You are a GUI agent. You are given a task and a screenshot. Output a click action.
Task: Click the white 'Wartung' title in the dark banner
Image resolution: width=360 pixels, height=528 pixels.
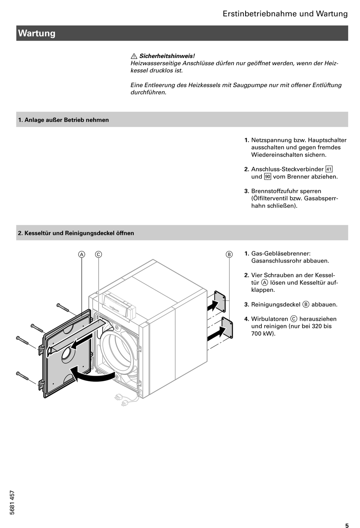(x=36, y=33)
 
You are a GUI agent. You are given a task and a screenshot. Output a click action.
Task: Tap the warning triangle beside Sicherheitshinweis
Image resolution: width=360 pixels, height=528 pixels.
(x=134, y=56)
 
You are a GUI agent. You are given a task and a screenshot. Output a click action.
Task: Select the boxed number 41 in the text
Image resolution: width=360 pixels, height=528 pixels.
(x=329, y=169)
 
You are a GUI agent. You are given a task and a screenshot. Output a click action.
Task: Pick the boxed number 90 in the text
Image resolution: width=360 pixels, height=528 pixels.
(x=268, y=177)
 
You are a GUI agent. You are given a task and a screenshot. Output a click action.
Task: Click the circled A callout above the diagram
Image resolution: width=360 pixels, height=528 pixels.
(x=81, y=254)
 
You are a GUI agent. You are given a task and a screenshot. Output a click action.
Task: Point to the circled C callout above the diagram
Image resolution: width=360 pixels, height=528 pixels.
(x=99, y=254)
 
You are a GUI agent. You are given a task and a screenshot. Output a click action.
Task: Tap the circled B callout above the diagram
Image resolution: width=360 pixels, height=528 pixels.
(x=229, y=254)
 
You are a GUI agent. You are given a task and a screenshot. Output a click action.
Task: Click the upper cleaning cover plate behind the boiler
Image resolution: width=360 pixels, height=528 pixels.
(x=220, y=301)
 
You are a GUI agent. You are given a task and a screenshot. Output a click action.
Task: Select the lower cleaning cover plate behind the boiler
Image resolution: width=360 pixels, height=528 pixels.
(x=227, y=328)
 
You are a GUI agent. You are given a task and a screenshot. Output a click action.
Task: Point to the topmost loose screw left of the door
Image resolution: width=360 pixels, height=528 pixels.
(x=63, y=308)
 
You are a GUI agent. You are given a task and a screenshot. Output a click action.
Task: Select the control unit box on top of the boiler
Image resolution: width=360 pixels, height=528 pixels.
(x=119, y=306)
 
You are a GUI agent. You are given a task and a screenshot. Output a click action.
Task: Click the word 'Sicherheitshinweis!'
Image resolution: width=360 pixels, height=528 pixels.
(x=167, y=56)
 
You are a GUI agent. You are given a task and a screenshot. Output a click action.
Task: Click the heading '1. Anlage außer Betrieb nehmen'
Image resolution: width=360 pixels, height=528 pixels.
(x=63, y=120)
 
